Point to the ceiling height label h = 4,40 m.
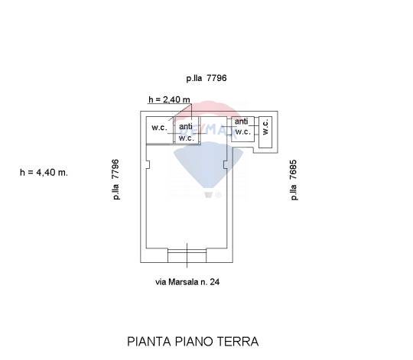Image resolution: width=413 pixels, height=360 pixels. pyautogui.click(x=44, y=173)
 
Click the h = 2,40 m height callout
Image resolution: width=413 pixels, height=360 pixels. pyautogui.click(x=169, y=99)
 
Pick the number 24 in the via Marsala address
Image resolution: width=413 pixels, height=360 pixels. pyautogui.click(x=215, y=282)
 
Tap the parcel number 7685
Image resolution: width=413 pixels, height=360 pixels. pyautogui.click(x=293, y=170)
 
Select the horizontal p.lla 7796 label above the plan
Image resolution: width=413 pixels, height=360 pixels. pyautogui.click(x=206, y=78)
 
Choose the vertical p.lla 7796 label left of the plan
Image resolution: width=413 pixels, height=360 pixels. pyautogui.click(x=115, y=180)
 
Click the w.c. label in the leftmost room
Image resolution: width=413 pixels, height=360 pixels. pyautogui.click(x=159, y=128)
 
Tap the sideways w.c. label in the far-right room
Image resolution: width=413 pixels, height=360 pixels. pyautogui.click(x=265, y=127)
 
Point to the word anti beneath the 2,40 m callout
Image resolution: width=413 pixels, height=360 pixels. pyautogui.click(x=186, y=127)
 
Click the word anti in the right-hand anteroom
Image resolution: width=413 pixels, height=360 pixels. pyautogui.click(x=241, y=122)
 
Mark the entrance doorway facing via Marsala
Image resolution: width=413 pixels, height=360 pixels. pyautogui.click(x=187, y=255)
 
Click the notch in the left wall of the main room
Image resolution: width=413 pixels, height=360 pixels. pyautogui.click(x=148, y=165)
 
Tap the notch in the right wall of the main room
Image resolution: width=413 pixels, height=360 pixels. pyautogui.click(x=225, y=165)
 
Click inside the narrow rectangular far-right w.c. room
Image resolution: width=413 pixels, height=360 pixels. pyautogui.click(x=265, y=132)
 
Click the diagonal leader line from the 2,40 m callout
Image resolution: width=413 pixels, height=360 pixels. pyautogui.click(x=180, y=112)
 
